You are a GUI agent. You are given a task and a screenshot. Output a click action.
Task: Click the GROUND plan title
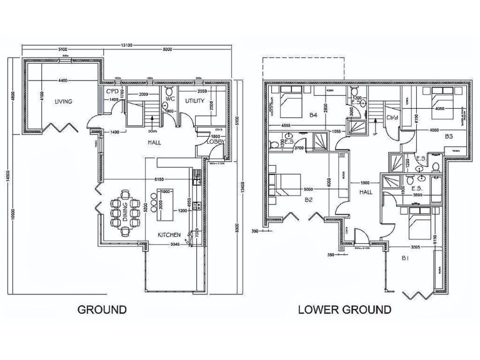pos(102,309)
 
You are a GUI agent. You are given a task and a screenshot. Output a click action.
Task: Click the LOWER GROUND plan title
pos(344,309)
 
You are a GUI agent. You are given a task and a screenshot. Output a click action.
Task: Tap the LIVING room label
pos(63,101)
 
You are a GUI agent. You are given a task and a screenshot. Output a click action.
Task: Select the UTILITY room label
pos(195,101)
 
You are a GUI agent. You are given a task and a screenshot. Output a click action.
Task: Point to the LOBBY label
pos(216,141)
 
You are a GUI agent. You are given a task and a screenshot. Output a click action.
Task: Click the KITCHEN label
pos(169,234)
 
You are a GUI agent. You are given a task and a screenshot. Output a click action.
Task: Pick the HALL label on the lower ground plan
pos(366,192)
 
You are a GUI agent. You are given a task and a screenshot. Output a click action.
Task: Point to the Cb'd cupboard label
pos(392,117)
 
